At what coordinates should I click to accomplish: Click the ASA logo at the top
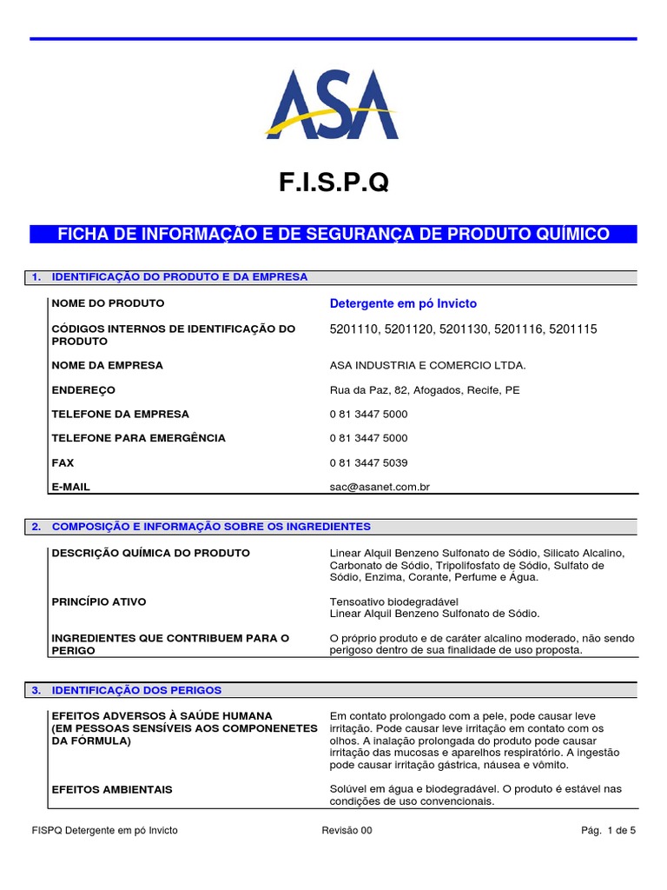coord(333,106)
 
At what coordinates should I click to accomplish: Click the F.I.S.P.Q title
coord(333,183)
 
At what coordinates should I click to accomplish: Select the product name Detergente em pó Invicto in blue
coord(403,303)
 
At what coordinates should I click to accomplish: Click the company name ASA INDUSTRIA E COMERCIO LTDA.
coord(428,365)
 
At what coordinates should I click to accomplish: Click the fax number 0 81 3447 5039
coord(368,462)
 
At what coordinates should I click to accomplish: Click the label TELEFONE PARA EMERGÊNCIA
coord(139,438)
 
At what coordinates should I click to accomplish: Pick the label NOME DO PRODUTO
coord(108,303)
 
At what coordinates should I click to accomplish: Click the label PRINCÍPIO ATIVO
coord(99,601)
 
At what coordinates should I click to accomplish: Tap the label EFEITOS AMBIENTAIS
coord(112,789)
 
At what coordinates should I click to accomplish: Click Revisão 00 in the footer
coord(347,831)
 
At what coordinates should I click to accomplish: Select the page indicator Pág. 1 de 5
coord(609,831)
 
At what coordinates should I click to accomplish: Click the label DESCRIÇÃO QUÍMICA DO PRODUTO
coord(151,553)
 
